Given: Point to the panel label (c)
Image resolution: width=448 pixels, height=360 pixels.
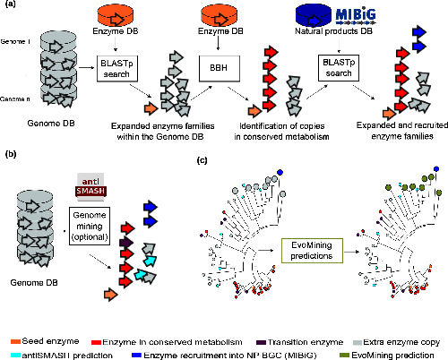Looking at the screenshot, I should [x=202, y=162].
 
